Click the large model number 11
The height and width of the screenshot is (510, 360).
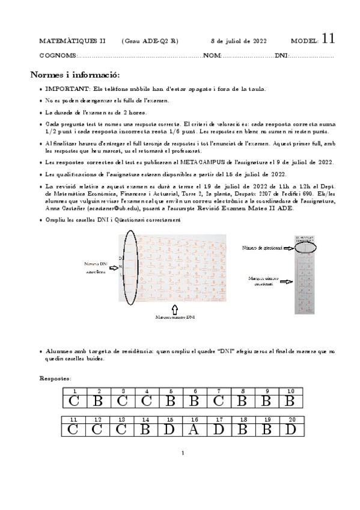(x=328, y=39)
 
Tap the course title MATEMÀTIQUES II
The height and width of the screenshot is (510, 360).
(x=72, y=41)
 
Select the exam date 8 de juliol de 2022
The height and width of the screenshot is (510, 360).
(x=239, y=41)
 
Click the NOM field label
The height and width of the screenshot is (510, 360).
(x=213, y=55)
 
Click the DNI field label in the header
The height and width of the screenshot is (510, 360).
(x=281, y=55)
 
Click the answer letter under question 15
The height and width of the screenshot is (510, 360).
(x=170, y=429)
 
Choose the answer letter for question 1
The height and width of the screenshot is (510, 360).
(x=74, y=401)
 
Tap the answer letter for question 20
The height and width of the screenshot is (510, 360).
(x=291, y=429)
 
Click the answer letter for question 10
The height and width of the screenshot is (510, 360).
(x=291, y=401)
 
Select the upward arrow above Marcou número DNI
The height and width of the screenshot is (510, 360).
(x=175, y=307)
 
